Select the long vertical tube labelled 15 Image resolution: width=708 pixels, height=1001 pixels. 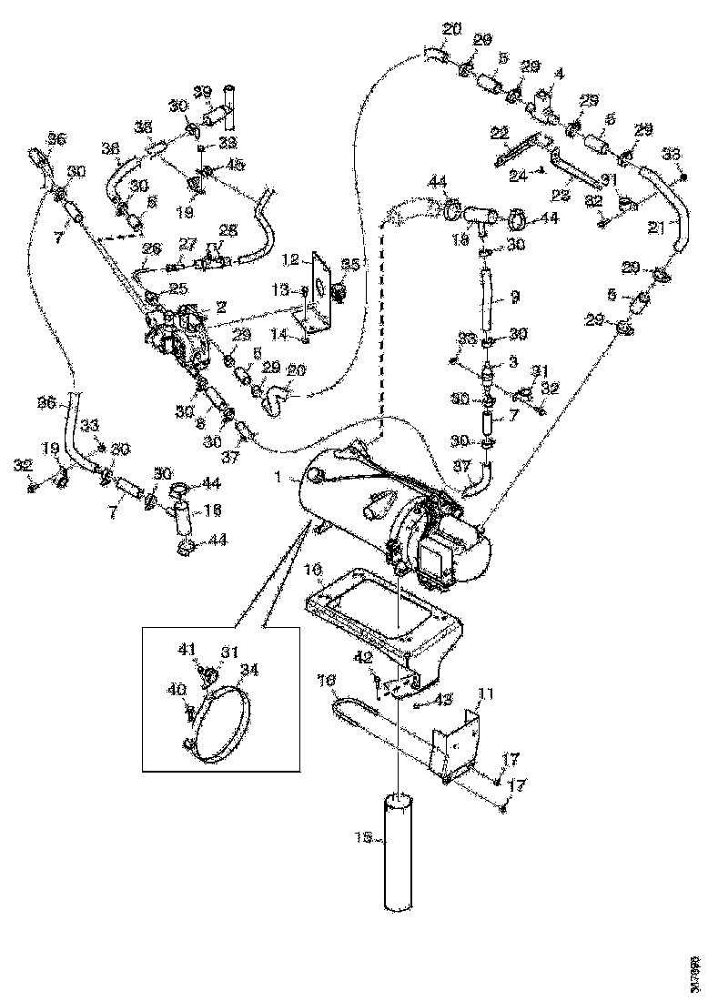click(397, 851)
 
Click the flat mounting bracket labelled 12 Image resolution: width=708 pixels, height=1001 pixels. click(321, 289)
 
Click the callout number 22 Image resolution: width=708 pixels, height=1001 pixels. click(499, 134)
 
